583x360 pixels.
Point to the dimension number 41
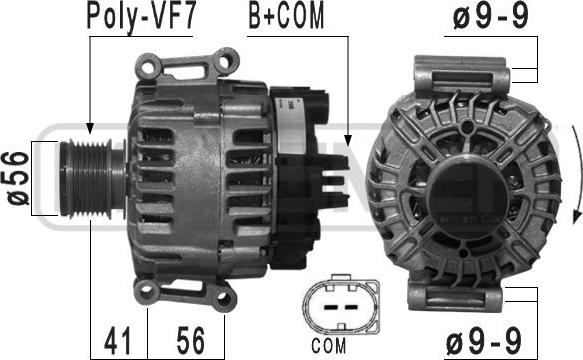[118, 341]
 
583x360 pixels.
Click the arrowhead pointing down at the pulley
[89, 130]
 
